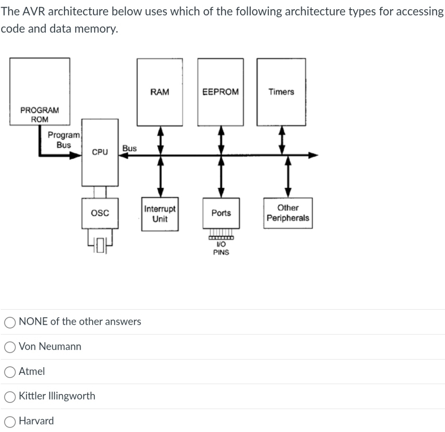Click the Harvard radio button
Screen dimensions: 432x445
tap(10, 421)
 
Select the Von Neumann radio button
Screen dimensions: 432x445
tap(10, 347)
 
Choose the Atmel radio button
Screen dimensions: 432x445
tap(10, 372)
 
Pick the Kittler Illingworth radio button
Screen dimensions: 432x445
tap(10, 396)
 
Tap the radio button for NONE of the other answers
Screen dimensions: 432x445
tap(10, 322)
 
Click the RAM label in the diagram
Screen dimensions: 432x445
tap(160, 92)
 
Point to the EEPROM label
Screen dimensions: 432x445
tap(221, 92)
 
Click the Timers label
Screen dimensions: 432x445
tap(281, 92)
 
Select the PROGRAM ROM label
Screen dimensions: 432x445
tap(40, 114)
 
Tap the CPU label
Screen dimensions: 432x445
tap(100, 152)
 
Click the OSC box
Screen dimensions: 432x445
tap(100, 212)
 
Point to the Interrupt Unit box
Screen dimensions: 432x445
tap(160, 214)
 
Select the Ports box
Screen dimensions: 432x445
tap(221, 213)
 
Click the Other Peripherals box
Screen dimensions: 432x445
tap(288, 213)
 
